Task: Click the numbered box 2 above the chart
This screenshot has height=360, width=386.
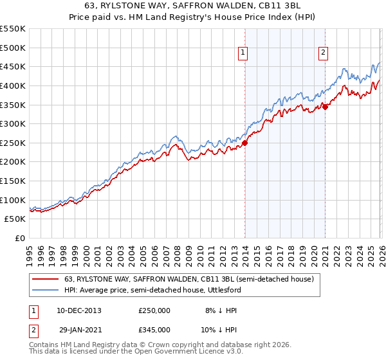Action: [x=323, y=53]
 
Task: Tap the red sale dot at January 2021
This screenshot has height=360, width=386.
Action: [x=326, y=107]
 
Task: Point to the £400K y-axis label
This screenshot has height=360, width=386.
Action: [x=13, y=85]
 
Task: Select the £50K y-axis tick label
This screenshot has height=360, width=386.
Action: [x=15, y=219]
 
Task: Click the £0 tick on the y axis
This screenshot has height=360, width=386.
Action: [x=20, y=239]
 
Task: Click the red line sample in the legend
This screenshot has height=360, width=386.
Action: [x=46, y=279]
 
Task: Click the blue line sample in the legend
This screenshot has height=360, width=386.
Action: [x=46, y=290]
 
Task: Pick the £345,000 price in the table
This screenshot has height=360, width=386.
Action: [x=154, y=329]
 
